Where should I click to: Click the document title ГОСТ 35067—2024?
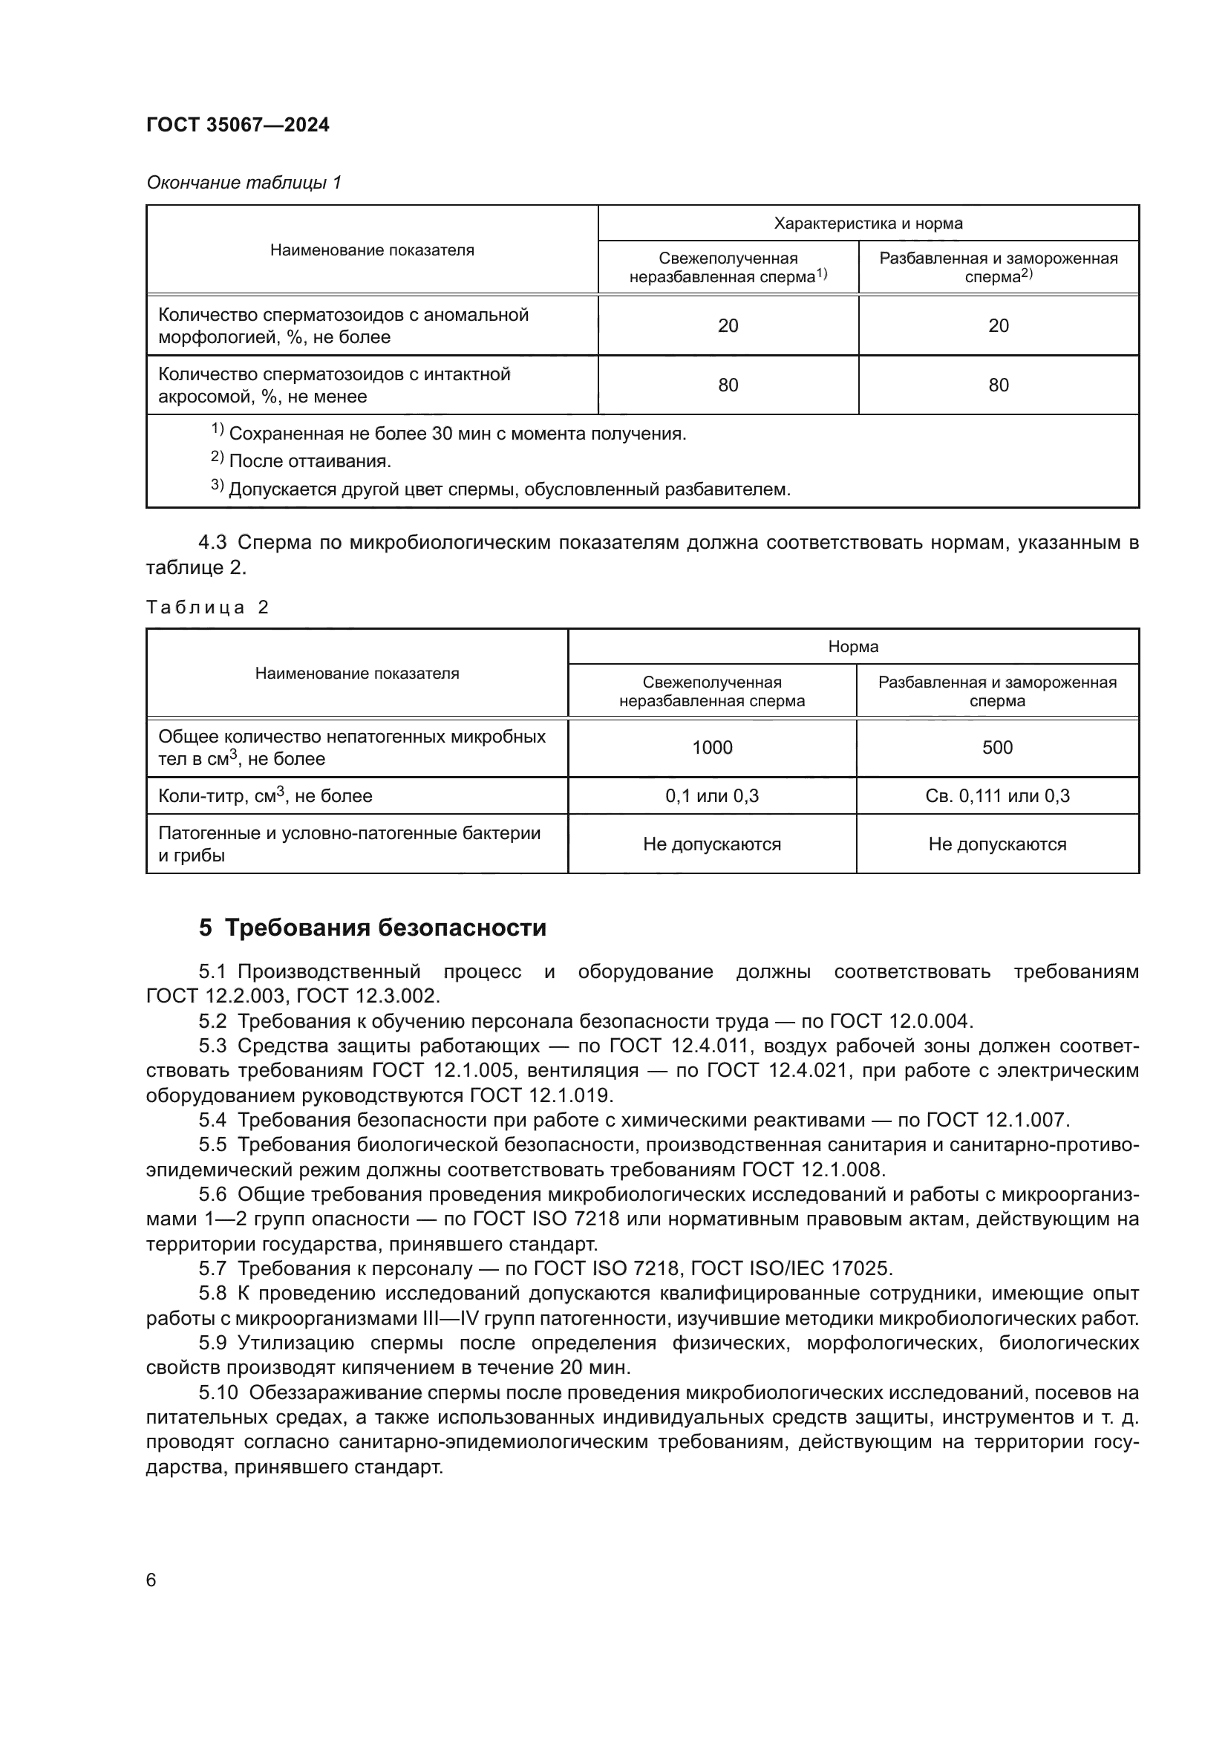(x=238, y=125)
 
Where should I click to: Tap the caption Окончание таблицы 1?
(x=244, y=183)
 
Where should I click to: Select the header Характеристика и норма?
(x=867, y=224)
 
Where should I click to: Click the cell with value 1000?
(x=711, y=748)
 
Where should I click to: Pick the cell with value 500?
(x=996, y=748)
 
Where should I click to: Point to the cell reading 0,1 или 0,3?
(x=711, y=796)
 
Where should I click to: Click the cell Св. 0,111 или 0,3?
(x=996, y=796)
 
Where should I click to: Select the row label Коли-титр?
(x=264, y=796)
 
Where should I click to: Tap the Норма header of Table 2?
(x=853, y=647)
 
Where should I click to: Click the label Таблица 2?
(x=207, y=607)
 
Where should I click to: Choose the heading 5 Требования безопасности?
(x=372, y=928)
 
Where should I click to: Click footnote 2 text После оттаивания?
(x=310, y=460)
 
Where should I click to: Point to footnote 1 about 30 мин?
(x=457, y=434)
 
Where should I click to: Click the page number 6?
(x=151, y=1580)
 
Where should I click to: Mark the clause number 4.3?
(x=212, y=542)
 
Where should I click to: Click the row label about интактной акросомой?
(x=333, y=385)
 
